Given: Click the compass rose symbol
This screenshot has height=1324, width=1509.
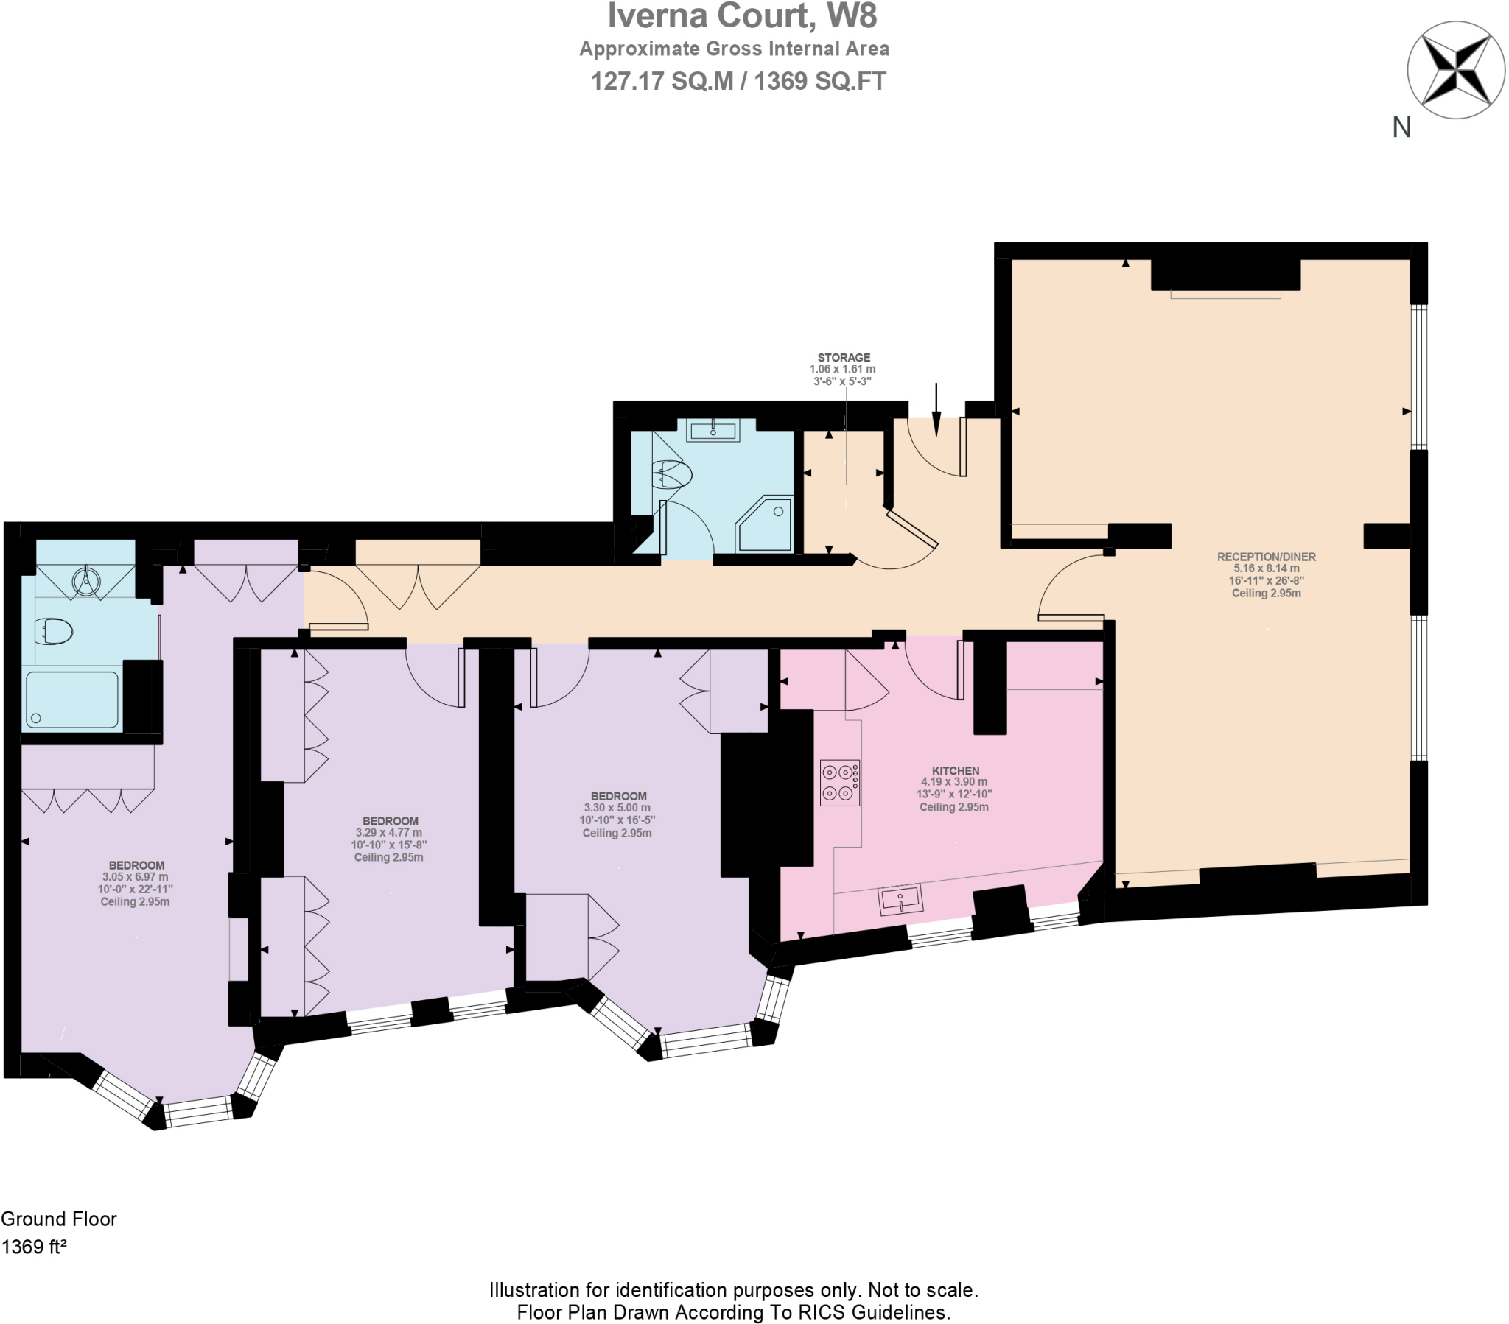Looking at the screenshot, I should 1455,70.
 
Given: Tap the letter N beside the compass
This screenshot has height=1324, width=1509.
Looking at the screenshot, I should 1401,127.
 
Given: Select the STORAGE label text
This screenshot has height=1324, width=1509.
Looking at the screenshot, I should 843,357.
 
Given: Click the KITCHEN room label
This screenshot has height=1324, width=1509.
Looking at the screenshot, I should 956,770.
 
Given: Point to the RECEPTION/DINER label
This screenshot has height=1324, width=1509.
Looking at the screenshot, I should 1265,557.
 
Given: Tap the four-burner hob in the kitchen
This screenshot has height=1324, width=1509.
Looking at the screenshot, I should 839,782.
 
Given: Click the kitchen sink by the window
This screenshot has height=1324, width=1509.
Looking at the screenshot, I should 900,900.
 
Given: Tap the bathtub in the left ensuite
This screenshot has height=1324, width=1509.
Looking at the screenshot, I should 71,698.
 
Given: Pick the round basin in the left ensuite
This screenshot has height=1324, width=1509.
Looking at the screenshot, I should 86,580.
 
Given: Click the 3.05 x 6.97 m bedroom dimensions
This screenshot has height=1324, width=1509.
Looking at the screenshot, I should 135,877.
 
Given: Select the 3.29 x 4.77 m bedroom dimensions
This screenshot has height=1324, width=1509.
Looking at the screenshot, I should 388,833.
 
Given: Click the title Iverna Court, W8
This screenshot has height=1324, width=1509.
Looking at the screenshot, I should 741,16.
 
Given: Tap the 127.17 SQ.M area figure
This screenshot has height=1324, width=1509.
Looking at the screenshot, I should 661,81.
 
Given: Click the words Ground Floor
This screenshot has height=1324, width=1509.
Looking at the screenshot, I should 59,1219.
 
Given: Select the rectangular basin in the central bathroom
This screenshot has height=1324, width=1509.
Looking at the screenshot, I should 713,429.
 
